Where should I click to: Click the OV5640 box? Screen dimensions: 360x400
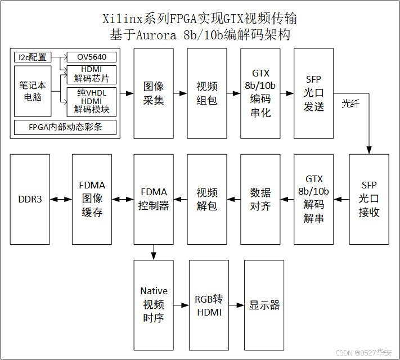click(92, 57)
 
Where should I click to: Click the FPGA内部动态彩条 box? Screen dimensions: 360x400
click(65, 127)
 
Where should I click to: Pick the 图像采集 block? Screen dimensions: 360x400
click(154, 93)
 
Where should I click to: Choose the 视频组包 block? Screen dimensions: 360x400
click(206, 93)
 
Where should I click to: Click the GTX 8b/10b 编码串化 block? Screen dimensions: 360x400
click(260, 93)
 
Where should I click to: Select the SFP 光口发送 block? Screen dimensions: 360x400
click(313, 93)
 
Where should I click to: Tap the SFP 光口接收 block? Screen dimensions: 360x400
click(368, 199)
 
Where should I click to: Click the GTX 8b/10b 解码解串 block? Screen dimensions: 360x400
click(313, 199)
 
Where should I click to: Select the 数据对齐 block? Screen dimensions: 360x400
click(260, 199)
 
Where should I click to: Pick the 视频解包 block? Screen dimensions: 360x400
click(206, 199)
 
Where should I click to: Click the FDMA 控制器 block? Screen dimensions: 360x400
click(154, 199)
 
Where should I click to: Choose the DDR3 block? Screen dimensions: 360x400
click(30, 199)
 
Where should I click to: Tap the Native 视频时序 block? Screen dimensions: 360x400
click(154, 304)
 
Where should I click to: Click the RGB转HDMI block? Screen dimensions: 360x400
click(209, 304)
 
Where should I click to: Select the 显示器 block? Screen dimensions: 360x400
click(264, 304)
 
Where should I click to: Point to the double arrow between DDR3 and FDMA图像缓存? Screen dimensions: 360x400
click(61, 199)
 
